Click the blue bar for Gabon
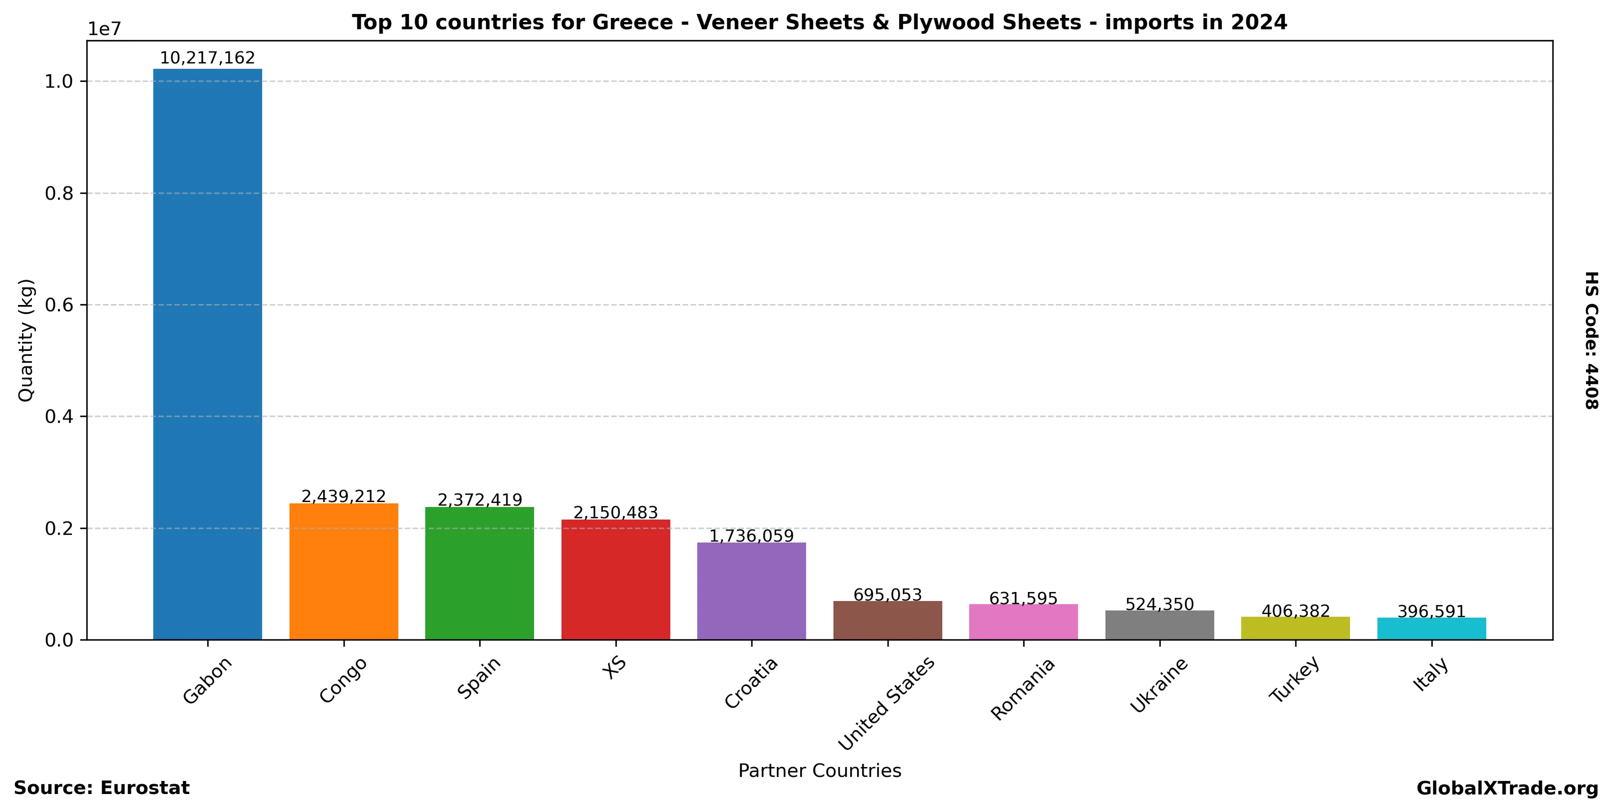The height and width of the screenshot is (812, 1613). tap(207, 354)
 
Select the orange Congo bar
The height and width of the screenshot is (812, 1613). tap(343, 571)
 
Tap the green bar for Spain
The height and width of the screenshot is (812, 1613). tap(479, 573)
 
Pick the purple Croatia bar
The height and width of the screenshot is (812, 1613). tap(751, 591)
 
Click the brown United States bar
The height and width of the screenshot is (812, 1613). tap(887, 620)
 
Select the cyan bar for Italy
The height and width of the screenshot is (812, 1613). tap(1431, 628)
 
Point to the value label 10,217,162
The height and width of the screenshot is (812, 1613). tap(207, 58)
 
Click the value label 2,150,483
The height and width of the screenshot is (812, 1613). tap(615, 512)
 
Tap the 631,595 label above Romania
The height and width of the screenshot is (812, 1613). tap(1023, 598)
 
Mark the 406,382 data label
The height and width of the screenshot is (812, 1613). tap(1295, 611)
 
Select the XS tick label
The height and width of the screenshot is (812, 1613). tap(614, 667)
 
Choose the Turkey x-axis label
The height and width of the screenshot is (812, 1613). tap(1294, 679)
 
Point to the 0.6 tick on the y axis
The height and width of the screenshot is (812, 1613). tap(59, 305)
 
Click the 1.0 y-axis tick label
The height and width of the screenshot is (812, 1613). tap(59, 81)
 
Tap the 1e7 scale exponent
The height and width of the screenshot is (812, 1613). tap(104, 29)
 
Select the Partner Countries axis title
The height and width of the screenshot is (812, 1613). tap(820, 770)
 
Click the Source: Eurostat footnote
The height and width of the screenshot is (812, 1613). tap(101, 787)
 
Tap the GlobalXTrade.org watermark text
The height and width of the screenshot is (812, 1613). tap(1507, 788)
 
